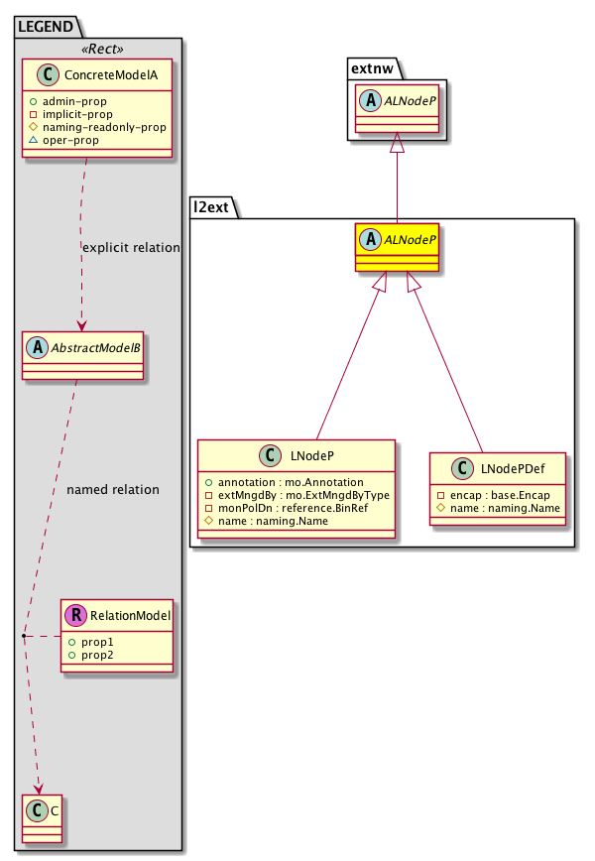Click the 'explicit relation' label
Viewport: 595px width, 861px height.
(130, 247)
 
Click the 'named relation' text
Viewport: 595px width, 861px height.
(112, 489)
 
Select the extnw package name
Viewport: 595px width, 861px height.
(373, 66)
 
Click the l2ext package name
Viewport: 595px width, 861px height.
(215, 205)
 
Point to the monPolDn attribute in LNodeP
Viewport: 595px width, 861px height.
(296, 507)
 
